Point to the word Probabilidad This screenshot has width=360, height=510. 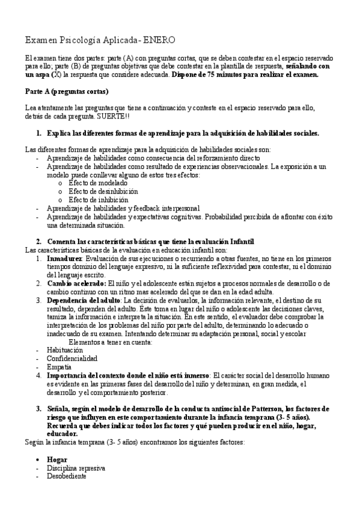coord(214,217)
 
